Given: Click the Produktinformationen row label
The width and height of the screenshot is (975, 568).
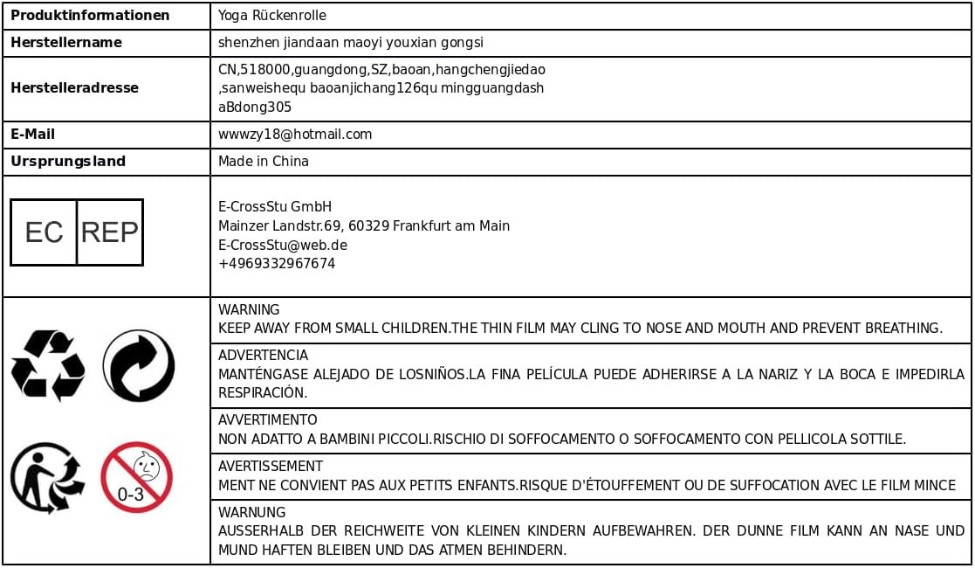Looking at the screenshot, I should (90, 16).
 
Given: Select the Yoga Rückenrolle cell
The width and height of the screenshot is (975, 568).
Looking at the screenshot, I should (272, 16).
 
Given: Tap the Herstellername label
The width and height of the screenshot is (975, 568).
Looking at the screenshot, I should (66, 42).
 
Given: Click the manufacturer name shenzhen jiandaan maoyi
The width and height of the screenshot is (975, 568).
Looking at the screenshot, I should (350, 42).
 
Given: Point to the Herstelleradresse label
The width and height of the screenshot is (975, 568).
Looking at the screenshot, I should (74, 87).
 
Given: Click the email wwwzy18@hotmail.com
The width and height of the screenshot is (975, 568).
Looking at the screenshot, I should (295, 135).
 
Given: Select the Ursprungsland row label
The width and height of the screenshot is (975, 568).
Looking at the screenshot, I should (68, 162).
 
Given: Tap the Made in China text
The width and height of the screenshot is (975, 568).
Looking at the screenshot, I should (263, 162).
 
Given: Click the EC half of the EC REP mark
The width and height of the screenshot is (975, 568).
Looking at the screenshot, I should (44, 232).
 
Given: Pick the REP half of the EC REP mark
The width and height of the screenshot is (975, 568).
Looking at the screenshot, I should (110, 232).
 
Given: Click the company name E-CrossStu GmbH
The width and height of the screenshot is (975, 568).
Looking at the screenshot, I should (275, 207).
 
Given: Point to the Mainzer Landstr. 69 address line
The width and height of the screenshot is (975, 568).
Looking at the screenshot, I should (363, 226).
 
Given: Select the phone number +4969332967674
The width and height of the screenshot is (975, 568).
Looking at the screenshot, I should (277, 264).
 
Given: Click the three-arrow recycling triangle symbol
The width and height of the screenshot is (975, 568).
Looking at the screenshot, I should (48, 364).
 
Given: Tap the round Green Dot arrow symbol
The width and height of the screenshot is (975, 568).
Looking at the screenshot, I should (138, 365).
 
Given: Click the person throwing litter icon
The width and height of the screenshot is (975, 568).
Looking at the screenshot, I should (47, 477).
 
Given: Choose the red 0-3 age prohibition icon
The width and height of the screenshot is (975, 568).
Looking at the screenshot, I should (136, 477).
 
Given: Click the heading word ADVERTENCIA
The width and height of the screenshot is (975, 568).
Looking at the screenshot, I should (263, 356).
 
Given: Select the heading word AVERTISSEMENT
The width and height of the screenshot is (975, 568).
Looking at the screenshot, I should (271, 467).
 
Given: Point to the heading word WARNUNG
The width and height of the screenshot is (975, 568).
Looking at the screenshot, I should (251, 513).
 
